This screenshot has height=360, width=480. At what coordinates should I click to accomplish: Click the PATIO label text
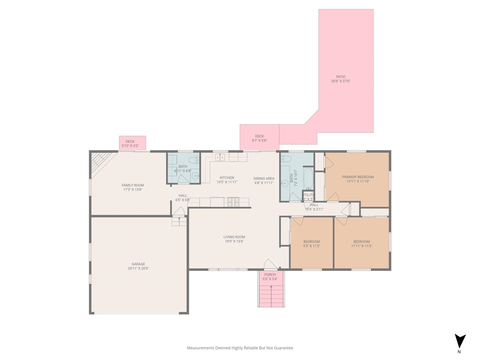pos(340,77)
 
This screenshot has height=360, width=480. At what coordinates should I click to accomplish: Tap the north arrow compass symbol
pos(460,341)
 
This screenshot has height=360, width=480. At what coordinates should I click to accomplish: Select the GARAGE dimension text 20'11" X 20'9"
pos(138,268)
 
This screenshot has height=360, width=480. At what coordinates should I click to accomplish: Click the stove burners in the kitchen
pos(233,202)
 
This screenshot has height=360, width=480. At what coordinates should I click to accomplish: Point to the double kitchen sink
pos(220,157)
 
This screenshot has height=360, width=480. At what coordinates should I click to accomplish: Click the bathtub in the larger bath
pos(308,179)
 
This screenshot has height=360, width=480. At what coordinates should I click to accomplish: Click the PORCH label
pos(270,274)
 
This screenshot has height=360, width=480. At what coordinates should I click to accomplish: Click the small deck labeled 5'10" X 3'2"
pos(132,143)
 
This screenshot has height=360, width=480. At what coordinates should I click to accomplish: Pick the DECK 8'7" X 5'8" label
pos(259,136)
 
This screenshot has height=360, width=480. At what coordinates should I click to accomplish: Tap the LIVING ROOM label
pos(234,237)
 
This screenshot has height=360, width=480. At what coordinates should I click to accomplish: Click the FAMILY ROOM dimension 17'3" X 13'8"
pos(133,190)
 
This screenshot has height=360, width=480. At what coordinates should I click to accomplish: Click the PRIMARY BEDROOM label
pos(358,177)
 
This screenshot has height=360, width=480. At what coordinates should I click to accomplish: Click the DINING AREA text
pos(264,178)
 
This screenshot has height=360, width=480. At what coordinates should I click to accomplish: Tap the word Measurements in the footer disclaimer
pos(200,348)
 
